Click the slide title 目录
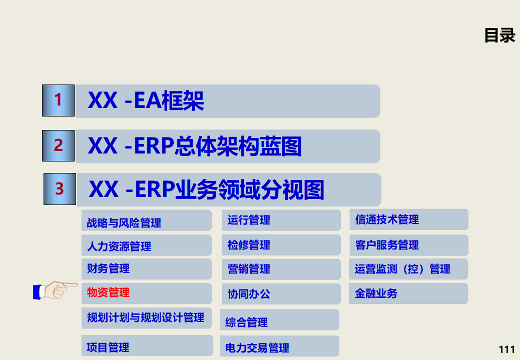pyautogui.click(x=499, y=35)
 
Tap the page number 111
pyautogui.click(x=507, y=349)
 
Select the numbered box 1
pyautogui.click(x=58, y=100)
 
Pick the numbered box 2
pyautogui.click(x=58, y=145)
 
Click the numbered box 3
pyautogui.click(x=60, y=189)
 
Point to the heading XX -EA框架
pyautogui.click(x=146, y=101)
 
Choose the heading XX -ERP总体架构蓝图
pyautogui.click(x=195, y=146)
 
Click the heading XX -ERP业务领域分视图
pyautogui.click(x=206, y=190)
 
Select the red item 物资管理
pyautogui.click(x=108, y=292)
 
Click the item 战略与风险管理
pyautogui.click(x=124, y=222)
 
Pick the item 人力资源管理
pyautogui.click(x=119, y=246)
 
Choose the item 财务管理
pyautogui.click(x=108, y=268)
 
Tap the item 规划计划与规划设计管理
pyautogui.click(x=146, y=317)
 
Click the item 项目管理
pyautogui.click(x=108, y=347)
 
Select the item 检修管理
pyautogui.click(x=249, y=245)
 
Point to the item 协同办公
pyautogui.click(x=249, y=294)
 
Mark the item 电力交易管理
pyautogui.click(x=257, y=347)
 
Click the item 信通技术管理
pyautogui.click(x=387, y=219)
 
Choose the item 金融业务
pyautogui.click(x=376, y=293)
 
